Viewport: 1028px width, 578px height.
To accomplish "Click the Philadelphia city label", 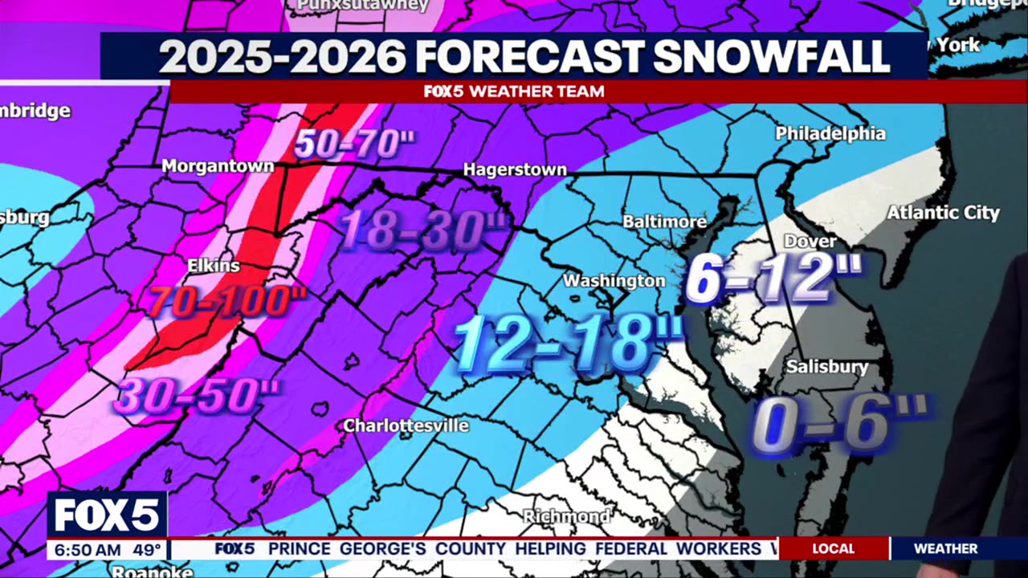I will click(x=830, y=133).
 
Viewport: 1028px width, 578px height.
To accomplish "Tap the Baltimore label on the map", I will click(x=665, y=221).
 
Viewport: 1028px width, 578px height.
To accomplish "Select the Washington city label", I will click(x=614, y=281).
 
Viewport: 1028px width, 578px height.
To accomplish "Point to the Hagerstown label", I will click(x=515, y=170).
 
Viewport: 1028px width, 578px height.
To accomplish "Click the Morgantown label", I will click(x=218, y=167).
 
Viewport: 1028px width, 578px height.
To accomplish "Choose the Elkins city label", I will click(x=213, y=266).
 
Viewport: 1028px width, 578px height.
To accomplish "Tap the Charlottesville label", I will click(x=406, y=425).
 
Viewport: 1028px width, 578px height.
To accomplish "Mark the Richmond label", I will click(x=566, y=515).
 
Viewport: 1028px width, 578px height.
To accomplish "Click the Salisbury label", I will click(x=827, y=367).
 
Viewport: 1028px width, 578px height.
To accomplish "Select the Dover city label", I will click(x=810, y=241).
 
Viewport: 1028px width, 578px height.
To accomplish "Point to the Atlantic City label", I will click(x=943, y=213).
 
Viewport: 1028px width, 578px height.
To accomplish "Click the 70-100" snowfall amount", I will click(x=228, y=303).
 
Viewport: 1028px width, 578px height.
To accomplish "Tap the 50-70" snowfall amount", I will click(x=354, y=144).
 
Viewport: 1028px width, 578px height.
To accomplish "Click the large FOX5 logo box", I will click(x=107, y=515).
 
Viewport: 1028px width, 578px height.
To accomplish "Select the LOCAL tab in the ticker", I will click(x=833, y=549).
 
